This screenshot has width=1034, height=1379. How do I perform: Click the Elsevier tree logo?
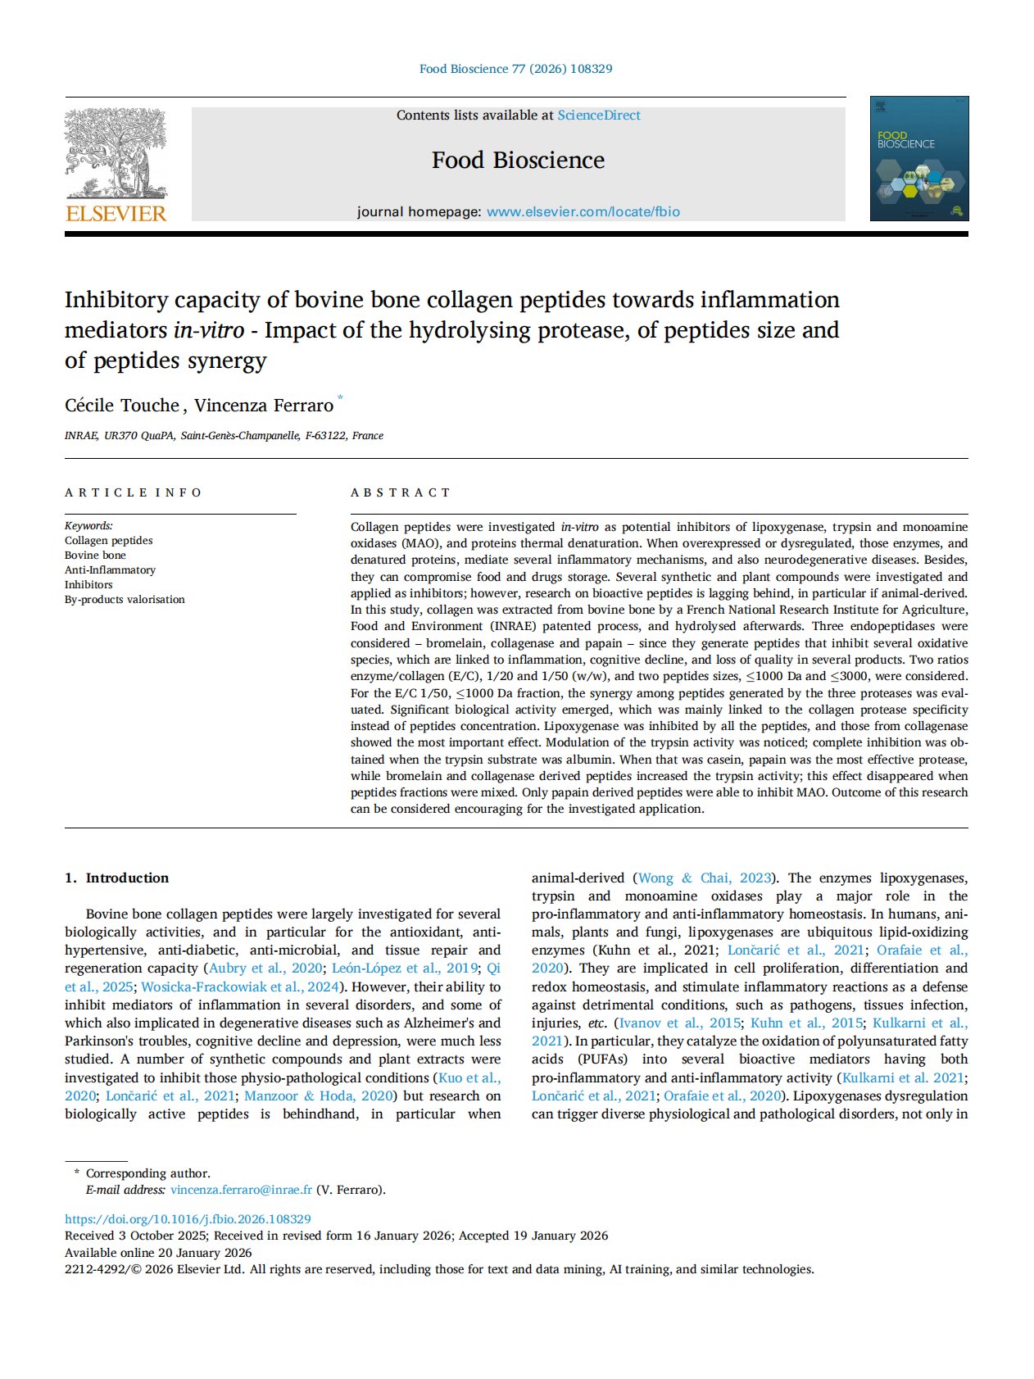(116, 153)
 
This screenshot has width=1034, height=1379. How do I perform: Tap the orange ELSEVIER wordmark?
(116, 214)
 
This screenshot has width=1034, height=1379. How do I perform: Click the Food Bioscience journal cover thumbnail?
(918, 158)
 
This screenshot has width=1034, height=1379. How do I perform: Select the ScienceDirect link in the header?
(599, 116)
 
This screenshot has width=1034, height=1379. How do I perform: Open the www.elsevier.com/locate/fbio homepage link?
(583, 212)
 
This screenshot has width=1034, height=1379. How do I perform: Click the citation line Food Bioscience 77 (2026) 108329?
(515, 69)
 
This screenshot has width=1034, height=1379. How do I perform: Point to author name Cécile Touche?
(121, 406)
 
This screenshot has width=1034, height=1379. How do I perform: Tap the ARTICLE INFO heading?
(133, 492)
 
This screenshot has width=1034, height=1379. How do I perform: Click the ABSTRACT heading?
(401, 492)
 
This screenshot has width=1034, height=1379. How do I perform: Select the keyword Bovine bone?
(95, 556)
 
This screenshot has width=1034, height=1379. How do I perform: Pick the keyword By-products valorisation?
(125, 600)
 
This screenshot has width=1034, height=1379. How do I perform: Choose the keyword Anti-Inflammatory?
(110, 570)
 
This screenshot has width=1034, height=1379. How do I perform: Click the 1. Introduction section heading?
(116, 878)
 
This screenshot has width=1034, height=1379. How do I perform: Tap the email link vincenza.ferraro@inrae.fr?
(241, 1190)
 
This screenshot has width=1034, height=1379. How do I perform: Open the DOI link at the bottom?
(188, 1219)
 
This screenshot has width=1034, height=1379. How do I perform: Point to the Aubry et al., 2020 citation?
(265, 968)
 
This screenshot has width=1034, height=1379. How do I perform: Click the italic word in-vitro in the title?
(208, 330)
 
